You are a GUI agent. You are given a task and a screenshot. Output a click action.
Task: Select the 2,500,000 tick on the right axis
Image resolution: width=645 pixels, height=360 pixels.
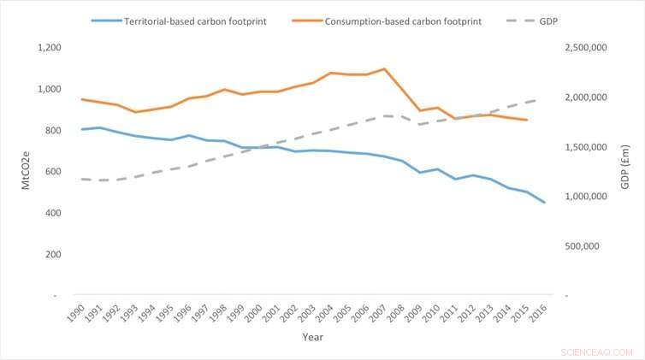[587, 48]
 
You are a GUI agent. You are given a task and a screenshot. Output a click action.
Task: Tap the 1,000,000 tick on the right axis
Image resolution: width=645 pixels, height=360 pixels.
[587, 197]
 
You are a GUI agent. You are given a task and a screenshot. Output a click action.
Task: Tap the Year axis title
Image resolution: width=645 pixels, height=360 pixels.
[311, 338]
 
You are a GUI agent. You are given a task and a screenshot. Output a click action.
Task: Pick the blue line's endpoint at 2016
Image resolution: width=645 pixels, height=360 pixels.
[544, 203]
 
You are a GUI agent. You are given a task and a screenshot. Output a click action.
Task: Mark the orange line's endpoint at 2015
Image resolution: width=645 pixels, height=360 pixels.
[526, 120]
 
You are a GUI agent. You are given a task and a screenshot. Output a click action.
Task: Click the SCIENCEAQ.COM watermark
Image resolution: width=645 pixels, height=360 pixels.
[597, 351]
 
